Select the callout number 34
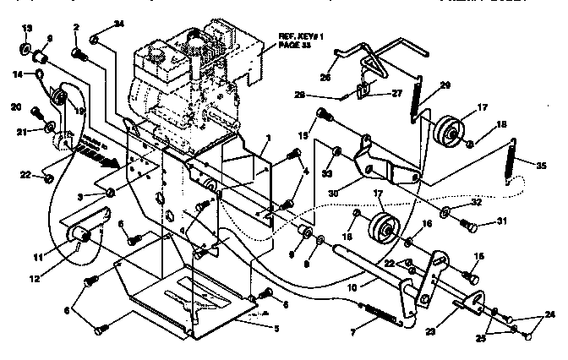118,26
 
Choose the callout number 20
15,107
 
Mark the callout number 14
17,74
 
